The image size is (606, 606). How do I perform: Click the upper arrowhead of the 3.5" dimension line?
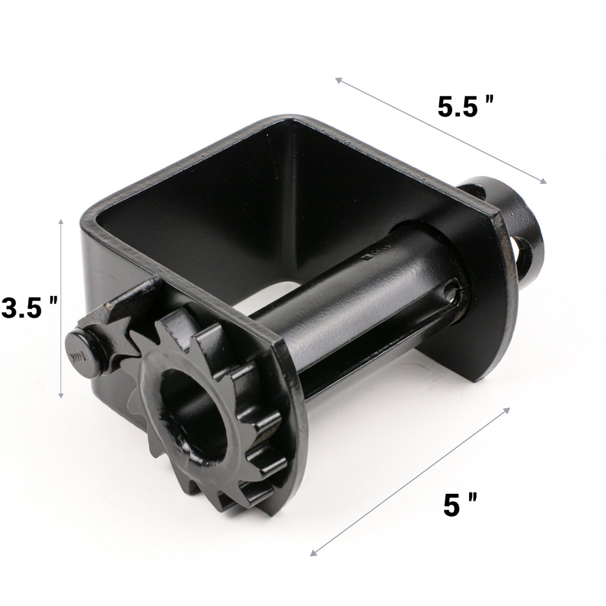61,221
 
